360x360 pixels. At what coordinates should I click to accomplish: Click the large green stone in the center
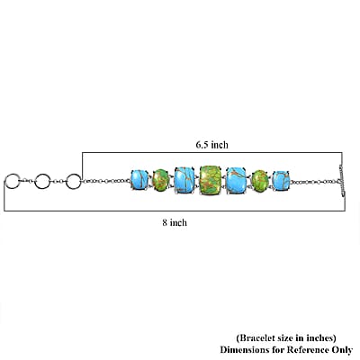(211, 180)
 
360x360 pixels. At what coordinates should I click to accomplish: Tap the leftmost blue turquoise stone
(139, 179)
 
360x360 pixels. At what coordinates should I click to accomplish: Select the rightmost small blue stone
(281, 180)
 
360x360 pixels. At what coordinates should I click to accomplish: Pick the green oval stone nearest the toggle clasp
(260, 181)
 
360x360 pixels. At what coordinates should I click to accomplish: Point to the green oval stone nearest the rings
(161, 180)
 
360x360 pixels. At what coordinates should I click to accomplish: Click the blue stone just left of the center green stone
(184, 180)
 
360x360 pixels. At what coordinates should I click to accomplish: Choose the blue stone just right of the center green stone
(237, 180)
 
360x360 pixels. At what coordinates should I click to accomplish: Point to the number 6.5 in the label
(202, 145)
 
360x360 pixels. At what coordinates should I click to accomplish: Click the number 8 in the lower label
(165, 222)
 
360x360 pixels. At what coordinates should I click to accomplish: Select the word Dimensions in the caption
(244, 350)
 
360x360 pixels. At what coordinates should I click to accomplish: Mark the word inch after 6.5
(220, 145)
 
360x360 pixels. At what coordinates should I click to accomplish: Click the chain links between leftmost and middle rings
(27, 181)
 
